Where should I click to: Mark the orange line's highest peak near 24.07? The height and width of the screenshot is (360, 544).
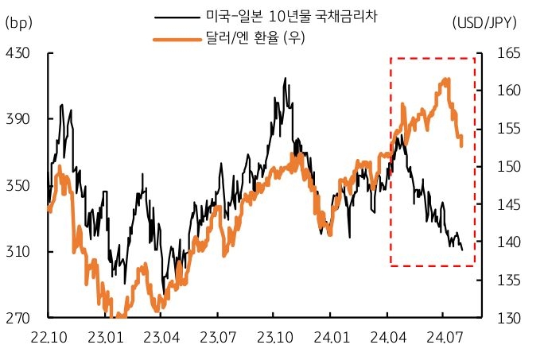point(447,79)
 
